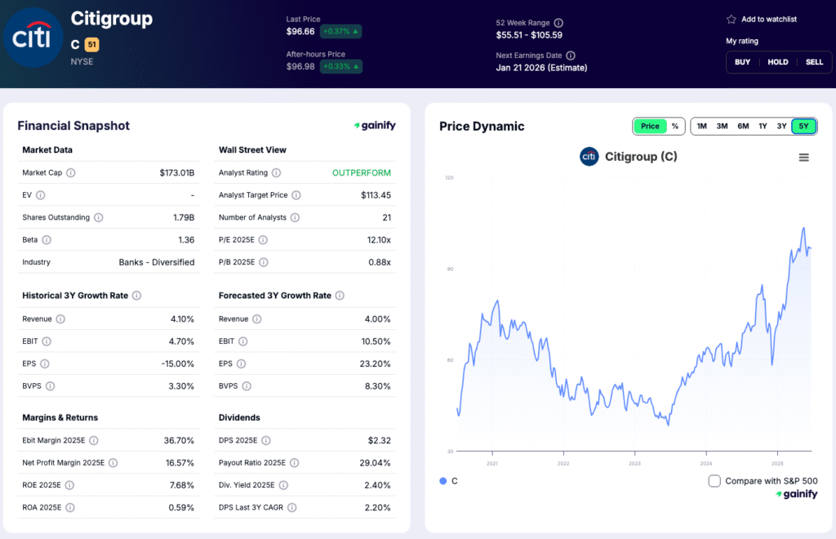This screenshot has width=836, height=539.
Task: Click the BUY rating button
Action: [742, 62]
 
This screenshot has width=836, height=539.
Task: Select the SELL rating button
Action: [814, 62]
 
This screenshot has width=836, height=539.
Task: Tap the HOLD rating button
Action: [777, 62]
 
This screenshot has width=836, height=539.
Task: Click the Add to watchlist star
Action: [731, 19]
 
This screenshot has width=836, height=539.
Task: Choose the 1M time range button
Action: [701, 127]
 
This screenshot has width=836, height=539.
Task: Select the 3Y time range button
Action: [781, 127]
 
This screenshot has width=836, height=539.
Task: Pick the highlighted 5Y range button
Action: [804, 127]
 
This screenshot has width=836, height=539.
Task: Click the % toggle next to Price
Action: [675, 127]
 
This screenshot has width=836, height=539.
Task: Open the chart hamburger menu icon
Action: [804, 158]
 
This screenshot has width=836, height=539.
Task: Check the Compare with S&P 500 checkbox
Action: [714, 481]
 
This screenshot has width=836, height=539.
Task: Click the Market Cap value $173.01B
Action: [177, 173]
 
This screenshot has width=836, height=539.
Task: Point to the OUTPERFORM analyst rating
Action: [362, 173]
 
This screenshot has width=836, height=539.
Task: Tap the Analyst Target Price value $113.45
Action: [376, 195]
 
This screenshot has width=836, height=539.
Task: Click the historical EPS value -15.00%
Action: [178, 363]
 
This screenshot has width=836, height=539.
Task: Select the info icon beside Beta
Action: [47, 240]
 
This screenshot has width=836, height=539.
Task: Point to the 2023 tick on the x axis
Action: [634, 463]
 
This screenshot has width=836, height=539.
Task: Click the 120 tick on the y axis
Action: [449, 177]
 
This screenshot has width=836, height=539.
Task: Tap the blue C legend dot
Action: [443, 481]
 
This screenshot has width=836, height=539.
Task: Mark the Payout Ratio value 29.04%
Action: [374, 463]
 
